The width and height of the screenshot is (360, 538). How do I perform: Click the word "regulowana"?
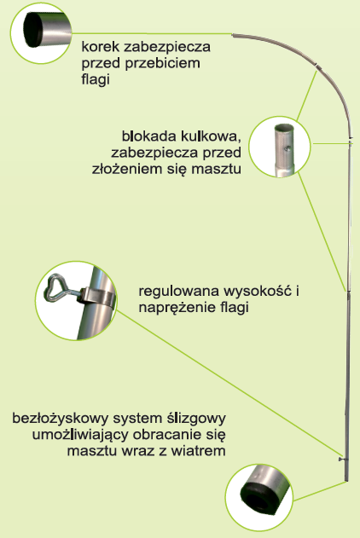179,292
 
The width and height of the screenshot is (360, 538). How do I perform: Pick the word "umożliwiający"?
80,435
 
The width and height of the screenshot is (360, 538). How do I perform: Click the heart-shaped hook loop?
54,288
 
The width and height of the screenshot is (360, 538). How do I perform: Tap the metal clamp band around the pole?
98,297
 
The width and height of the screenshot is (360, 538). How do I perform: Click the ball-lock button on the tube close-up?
288,148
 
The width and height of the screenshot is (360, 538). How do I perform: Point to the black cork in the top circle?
33,30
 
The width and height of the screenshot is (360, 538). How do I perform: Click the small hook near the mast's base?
341,460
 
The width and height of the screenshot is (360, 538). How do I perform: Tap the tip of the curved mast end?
233,35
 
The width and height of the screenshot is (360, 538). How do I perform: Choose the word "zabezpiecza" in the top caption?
167,47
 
